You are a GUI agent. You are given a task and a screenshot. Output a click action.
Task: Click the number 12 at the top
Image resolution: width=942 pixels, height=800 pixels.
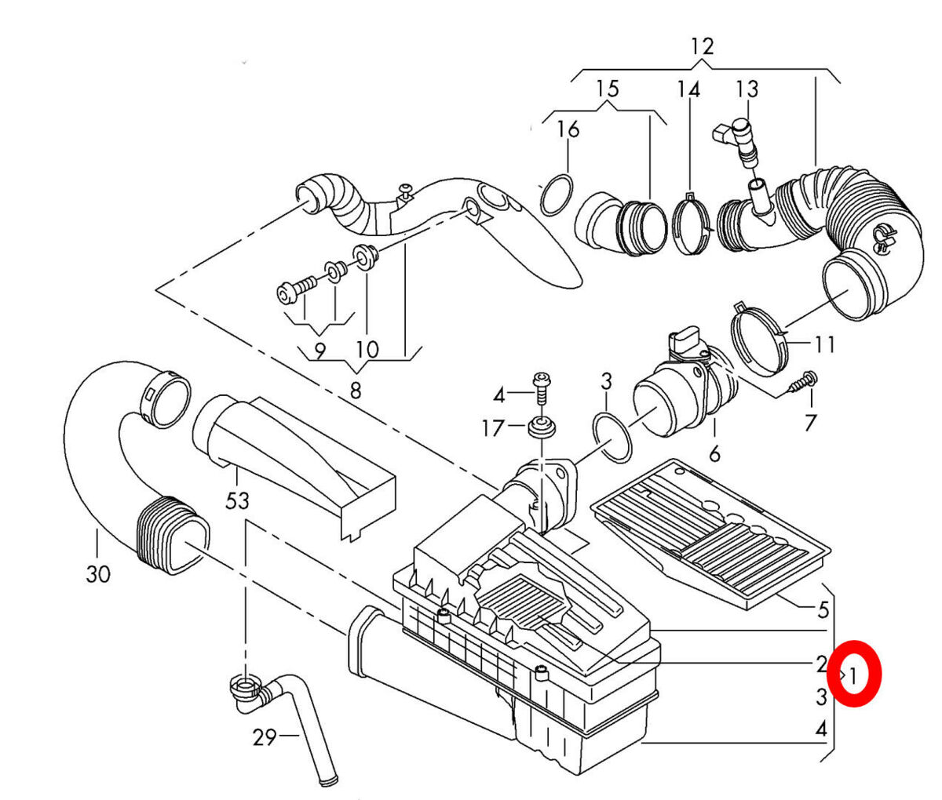[703, 46]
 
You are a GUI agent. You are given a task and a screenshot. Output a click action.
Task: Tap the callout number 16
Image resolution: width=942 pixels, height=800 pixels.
[568, 129]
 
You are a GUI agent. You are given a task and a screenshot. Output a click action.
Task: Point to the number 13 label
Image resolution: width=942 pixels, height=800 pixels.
[747, 89]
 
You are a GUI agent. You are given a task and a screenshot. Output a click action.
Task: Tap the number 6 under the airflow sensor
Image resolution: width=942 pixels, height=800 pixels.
[714, 453]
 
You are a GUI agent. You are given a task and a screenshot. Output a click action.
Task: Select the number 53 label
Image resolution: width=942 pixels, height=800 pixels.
[237, 501]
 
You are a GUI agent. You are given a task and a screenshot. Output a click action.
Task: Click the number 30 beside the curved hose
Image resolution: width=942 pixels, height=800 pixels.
[98, 573]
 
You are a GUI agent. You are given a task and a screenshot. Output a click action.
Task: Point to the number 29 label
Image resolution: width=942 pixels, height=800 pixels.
[265, 737]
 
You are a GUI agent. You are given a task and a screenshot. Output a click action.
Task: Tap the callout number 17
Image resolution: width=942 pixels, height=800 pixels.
[492, 428]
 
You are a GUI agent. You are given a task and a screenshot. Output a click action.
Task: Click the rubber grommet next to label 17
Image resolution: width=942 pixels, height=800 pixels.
[542, 427]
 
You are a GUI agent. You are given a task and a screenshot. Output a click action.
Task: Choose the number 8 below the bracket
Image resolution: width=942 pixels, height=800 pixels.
[356, 391]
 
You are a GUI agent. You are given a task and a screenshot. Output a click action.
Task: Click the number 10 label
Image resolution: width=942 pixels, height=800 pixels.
[367, 350]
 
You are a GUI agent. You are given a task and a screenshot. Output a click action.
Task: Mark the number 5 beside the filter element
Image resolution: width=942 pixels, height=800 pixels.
[823, 610]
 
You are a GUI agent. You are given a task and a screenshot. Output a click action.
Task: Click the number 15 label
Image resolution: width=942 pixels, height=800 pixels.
[608, 89]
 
